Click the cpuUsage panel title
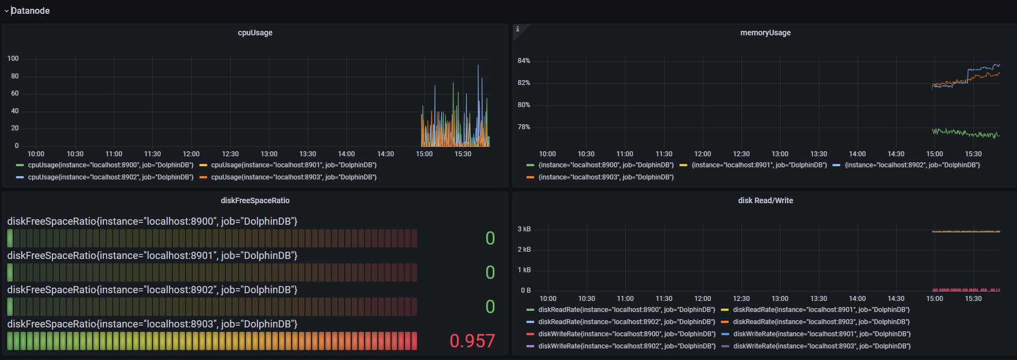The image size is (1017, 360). (x=255, y=33)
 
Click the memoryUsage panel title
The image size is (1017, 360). (x=765, y=33)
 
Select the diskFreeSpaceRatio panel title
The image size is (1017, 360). (x=255, y=200)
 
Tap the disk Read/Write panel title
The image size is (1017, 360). (x=765, y=200)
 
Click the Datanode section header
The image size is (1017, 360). (x=30, y=10)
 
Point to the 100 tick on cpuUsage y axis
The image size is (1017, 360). (x=13, y=59)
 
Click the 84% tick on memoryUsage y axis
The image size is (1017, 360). (x=524, y=61)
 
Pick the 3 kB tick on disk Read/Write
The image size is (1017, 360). (x=524, y=229)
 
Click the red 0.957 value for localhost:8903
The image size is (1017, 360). (x=472, y=341)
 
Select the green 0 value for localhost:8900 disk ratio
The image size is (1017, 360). (x=490, y=238)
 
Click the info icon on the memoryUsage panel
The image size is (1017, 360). (x=518, y=29)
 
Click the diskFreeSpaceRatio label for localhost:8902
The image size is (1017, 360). (x=152, y=290)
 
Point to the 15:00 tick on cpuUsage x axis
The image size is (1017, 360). (x=424, y=154)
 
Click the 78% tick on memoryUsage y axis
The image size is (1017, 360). (x=524, y=127)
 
